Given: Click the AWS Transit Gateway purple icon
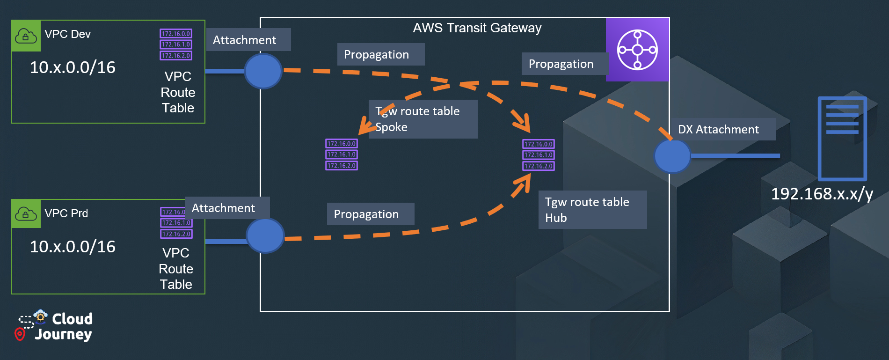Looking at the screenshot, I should tap(637, 50).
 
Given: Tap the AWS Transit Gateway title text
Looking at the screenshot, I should tap(477, 28).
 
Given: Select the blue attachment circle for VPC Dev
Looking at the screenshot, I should tap(263, 71).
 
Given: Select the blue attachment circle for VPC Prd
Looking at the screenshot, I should tap(265, 235).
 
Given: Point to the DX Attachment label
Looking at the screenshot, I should tap(718, 130).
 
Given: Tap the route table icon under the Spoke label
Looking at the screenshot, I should tap(342, 154).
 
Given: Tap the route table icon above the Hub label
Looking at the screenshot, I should tap(539, 155).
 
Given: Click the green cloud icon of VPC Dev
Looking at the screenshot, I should tap(26, 36).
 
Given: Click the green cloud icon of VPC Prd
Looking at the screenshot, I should tap(26, 214).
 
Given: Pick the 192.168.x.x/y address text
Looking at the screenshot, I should tap(822, 194).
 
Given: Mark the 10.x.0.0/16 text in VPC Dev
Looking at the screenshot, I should tap(73, 67).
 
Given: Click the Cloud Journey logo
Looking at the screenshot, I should tap(54, 326).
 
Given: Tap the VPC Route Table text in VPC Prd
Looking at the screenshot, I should tap(176, 269).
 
